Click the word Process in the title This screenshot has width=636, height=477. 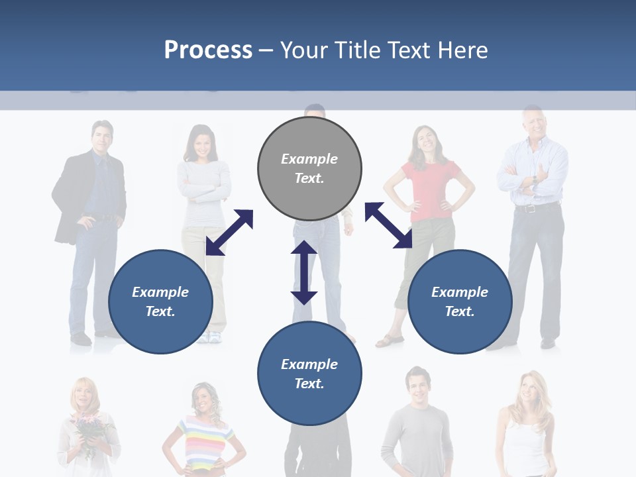pyautogui.click(x=208, y=50)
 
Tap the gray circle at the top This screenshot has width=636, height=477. pyautogui.click(x=309, y=168)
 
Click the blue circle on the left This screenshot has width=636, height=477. pyautogui.click(x=160, y=301)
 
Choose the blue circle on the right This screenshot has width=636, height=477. pyautogui.click(x=460, y=301)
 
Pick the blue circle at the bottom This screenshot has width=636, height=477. pyautogui.click(x=309, y=374)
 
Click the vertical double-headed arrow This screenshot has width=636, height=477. pyautogui.click(x=304, y=272)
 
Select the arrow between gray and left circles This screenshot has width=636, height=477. pyautogui.click(x=229, y=233)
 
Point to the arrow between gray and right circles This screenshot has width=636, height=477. pyautogui.click(x=388, y=225)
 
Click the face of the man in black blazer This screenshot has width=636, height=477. pyautogui.click(x=102, y=137)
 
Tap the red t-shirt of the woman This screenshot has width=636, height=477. pyautogui.click(x=431, y=189)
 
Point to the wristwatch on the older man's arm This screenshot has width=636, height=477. pyautogui.click(x=534, y=180)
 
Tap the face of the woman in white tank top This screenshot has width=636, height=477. pyautogui.click(x=527, y=390)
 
